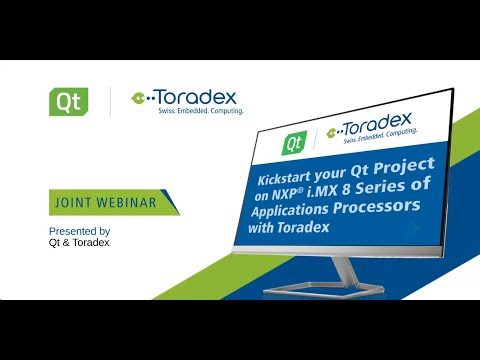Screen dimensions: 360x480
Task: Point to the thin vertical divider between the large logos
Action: coord(109,102)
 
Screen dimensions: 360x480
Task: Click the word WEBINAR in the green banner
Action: coord(128,202)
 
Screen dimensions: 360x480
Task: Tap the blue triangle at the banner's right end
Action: coord(171,202)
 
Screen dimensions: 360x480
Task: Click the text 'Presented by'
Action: coord(79,231)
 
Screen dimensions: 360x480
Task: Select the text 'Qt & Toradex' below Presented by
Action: coord(79,243)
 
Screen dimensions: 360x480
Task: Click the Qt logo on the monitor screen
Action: coord(294,143)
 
